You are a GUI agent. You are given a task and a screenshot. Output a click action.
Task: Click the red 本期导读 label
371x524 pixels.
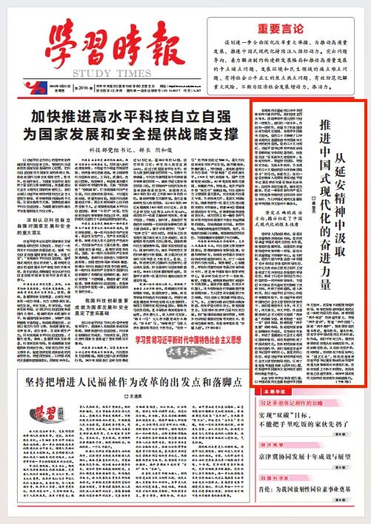281,390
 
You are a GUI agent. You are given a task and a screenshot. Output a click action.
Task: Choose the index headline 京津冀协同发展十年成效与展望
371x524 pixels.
306,456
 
